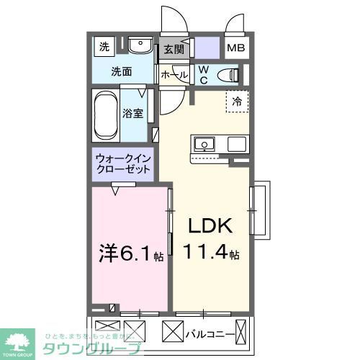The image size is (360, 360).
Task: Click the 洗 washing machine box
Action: point(104,48)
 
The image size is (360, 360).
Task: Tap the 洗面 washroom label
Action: point(121,71)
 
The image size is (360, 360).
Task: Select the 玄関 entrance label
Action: point(173,49)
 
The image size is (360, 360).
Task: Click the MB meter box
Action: point(236,49)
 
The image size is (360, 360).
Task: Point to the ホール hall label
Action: point(174,74)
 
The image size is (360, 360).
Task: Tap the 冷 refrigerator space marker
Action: point(236,102)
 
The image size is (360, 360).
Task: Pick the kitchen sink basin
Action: point(204,144)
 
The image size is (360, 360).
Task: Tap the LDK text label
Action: point(210,226)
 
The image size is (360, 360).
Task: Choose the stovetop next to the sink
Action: point(237,144)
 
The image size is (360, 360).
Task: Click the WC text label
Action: point(203,73)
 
